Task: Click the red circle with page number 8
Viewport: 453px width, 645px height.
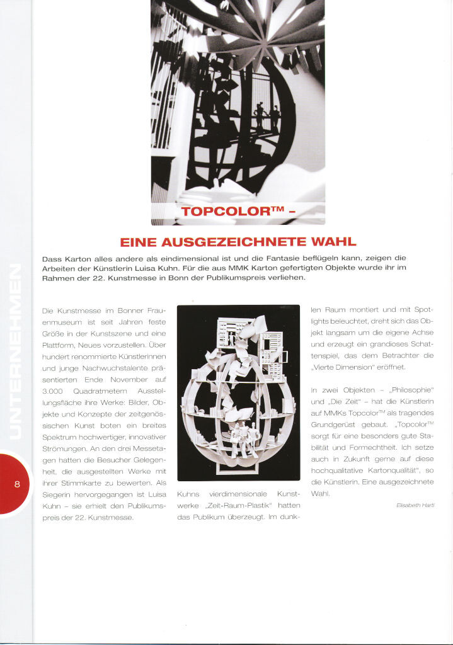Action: point(17,484)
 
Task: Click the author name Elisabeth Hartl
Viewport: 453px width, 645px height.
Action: point(415,505)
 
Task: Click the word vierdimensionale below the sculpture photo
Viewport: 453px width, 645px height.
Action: point(238,494)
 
